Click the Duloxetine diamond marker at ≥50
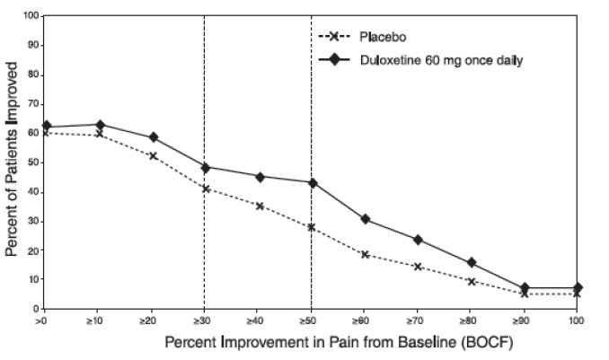(312, 182)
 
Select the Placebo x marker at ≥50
(312, 227)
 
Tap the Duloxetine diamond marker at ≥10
(100, 125)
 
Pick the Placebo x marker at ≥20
(153, 155)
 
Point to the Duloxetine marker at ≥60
(365, 219)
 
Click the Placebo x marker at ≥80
(471, 281)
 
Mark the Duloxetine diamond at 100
(578, 287)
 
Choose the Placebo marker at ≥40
(259, 206)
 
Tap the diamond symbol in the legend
(336, 60)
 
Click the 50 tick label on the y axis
(32, 162)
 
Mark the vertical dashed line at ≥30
(206, 90)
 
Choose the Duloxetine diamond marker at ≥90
(525, 288)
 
